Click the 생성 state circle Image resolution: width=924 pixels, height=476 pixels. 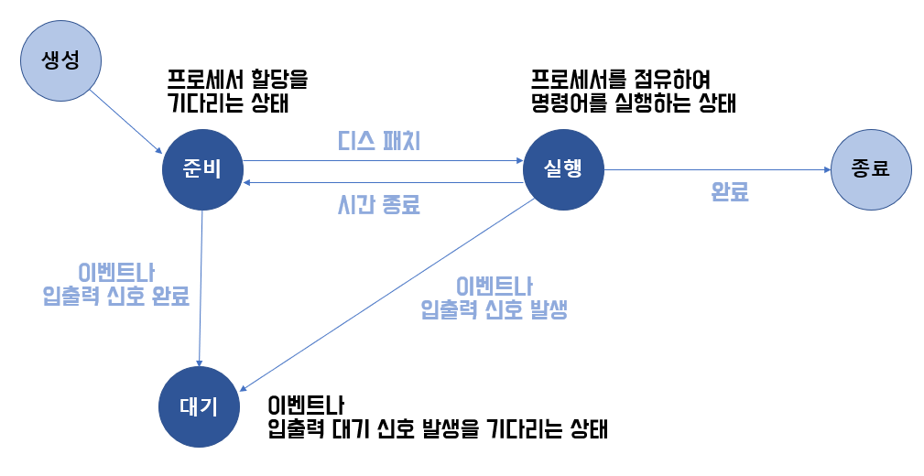point(61,61)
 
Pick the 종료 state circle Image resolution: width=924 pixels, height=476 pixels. point(871,169)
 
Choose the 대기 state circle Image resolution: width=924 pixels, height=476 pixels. point(200,407)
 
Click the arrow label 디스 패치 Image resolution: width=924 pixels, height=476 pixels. point(378,143)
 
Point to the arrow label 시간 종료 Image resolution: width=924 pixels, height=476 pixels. point(378,204)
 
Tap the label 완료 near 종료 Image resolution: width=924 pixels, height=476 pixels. point(730,192)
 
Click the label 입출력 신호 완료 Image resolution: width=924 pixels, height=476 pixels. point(116,297)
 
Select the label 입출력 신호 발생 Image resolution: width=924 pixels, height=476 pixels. point(495,309)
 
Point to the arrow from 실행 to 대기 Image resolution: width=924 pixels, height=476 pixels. point(385,293)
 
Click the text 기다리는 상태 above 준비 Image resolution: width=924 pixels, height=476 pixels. point(229,103)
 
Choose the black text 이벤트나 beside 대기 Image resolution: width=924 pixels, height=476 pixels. point(305,405)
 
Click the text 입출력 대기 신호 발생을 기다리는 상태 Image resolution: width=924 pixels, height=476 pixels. point(438,428)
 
